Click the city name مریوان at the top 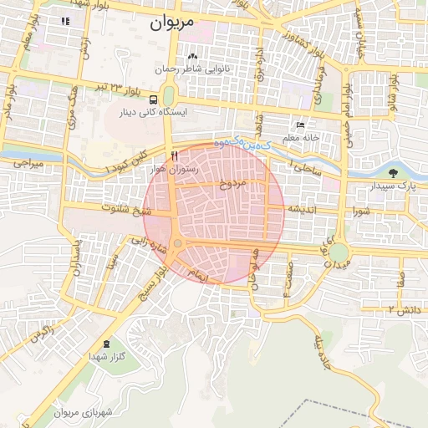click(172, 23)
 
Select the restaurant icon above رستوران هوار click(174, 155)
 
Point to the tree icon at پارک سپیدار click(393, 173)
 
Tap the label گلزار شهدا click(106, 356)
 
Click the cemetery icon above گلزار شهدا click(106, 344)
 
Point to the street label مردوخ click(230, 184)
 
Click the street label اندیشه click(301, 208)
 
